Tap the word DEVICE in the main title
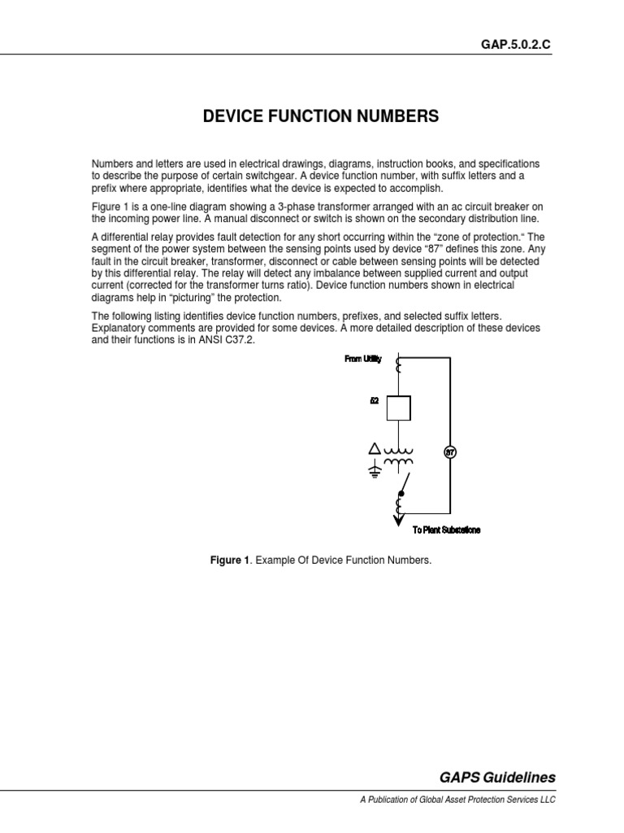pos(231,117)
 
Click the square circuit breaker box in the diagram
pos(398,408)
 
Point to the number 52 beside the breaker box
pos(375,400)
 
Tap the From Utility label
pos(362,359)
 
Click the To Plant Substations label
pos(446,530)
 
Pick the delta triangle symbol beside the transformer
pos(375,449)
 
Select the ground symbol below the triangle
pos(375,471)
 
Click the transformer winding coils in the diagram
pos(398,456)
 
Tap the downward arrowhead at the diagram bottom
pos(398,522)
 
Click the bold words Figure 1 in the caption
pos(230,561)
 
